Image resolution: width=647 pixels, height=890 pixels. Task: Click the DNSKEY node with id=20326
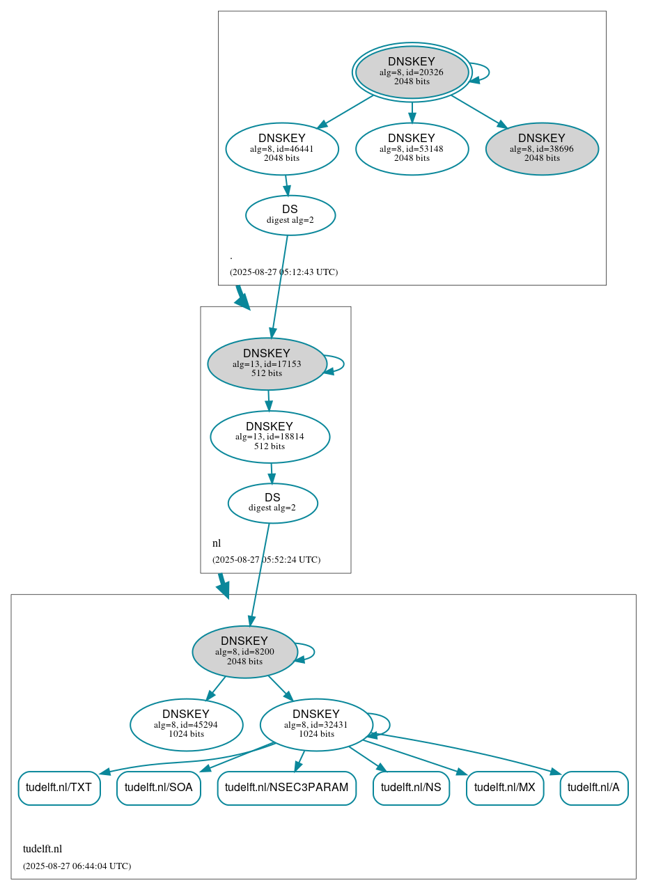(412, 72)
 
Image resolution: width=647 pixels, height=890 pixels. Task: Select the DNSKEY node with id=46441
(282, 148)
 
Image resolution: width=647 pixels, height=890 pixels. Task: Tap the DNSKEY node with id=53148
(412, 148)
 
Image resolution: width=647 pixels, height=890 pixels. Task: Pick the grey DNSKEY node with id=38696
(542, 148)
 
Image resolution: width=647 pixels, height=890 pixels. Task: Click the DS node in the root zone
(290, 215)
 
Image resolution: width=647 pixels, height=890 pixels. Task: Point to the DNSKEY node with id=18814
(270, 437)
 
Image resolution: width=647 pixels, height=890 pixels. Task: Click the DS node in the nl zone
(272, 503)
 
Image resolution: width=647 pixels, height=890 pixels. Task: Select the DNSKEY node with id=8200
(244, 652)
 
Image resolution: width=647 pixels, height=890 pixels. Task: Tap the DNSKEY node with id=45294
(186, 725)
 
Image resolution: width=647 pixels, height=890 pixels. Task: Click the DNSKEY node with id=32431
(316, 725)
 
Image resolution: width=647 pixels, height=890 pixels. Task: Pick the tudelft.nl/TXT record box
(59, 788)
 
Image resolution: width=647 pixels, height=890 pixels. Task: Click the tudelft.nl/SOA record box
(159, 788)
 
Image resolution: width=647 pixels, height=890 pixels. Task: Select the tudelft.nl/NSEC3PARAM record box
(287, 788)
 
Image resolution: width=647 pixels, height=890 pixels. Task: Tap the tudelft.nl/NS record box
(411, 788)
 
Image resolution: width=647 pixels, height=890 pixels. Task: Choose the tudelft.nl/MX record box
(505, 788)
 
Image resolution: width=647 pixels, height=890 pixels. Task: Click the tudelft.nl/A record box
(594, 788)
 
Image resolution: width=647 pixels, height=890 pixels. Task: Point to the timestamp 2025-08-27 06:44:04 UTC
(77, 866)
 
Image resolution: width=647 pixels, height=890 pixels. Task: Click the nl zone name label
(217, 543)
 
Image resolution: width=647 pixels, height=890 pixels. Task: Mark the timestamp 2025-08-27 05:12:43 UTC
(283, 272)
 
